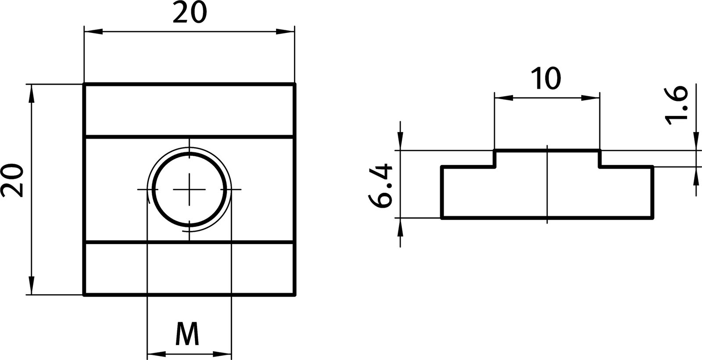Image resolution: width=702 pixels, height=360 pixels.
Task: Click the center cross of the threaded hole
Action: tap(189, 189)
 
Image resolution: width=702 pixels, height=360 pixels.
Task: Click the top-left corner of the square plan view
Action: tap(84, 83)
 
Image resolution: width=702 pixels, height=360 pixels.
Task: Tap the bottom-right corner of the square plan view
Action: tap(294, 295)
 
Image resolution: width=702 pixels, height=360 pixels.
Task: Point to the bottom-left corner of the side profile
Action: tap(441, 218)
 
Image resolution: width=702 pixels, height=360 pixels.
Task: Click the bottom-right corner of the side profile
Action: tap(653, 218)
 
